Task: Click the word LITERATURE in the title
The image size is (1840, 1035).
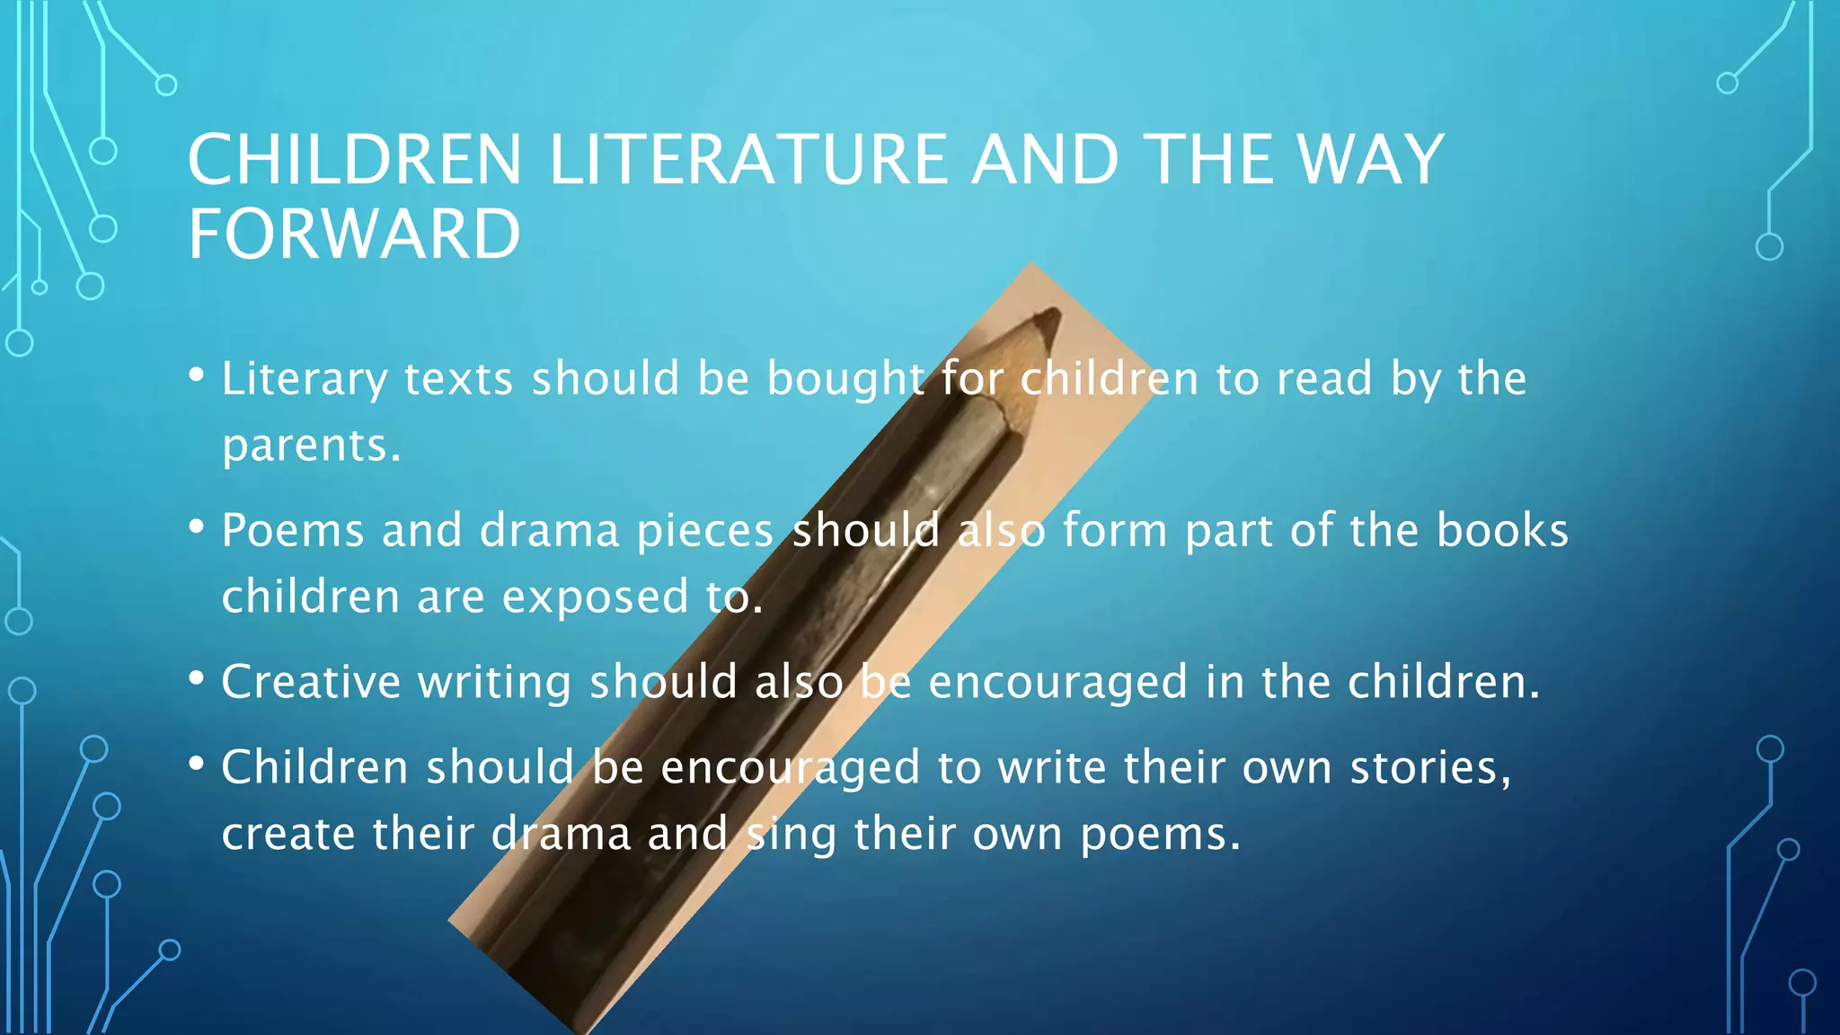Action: pyautogui.click(x=747, y=161)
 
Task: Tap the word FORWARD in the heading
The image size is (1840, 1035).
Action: pyautogui.click(x=354, y=234)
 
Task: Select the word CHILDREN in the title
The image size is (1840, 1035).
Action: pyautogui.click(x=354, y=161)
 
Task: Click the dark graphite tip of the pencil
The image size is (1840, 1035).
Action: pyautogui.click(x=1047, y=322)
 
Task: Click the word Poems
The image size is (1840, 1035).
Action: pyautogui.click(x=293, y=530)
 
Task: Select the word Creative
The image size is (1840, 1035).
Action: pyautogui.click(x=311, y=682)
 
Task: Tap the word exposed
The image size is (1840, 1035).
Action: pyautogui.click(x=595, y=597)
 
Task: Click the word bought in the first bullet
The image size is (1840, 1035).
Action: pyautogui.click(x=845, y=378)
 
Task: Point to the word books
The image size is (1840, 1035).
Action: pyautogui.click(x=1502, y=530)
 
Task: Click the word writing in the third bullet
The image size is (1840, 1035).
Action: pyautogui.click(x=494, y=682)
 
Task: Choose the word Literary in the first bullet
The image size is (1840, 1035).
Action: pyautogui.click(x=304, y=378)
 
